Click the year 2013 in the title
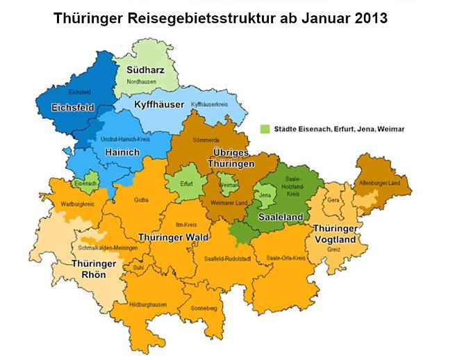(363, 18)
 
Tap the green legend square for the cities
(264, 129)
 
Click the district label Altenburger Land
(380, 181)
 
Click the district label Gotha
(141, 201)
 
